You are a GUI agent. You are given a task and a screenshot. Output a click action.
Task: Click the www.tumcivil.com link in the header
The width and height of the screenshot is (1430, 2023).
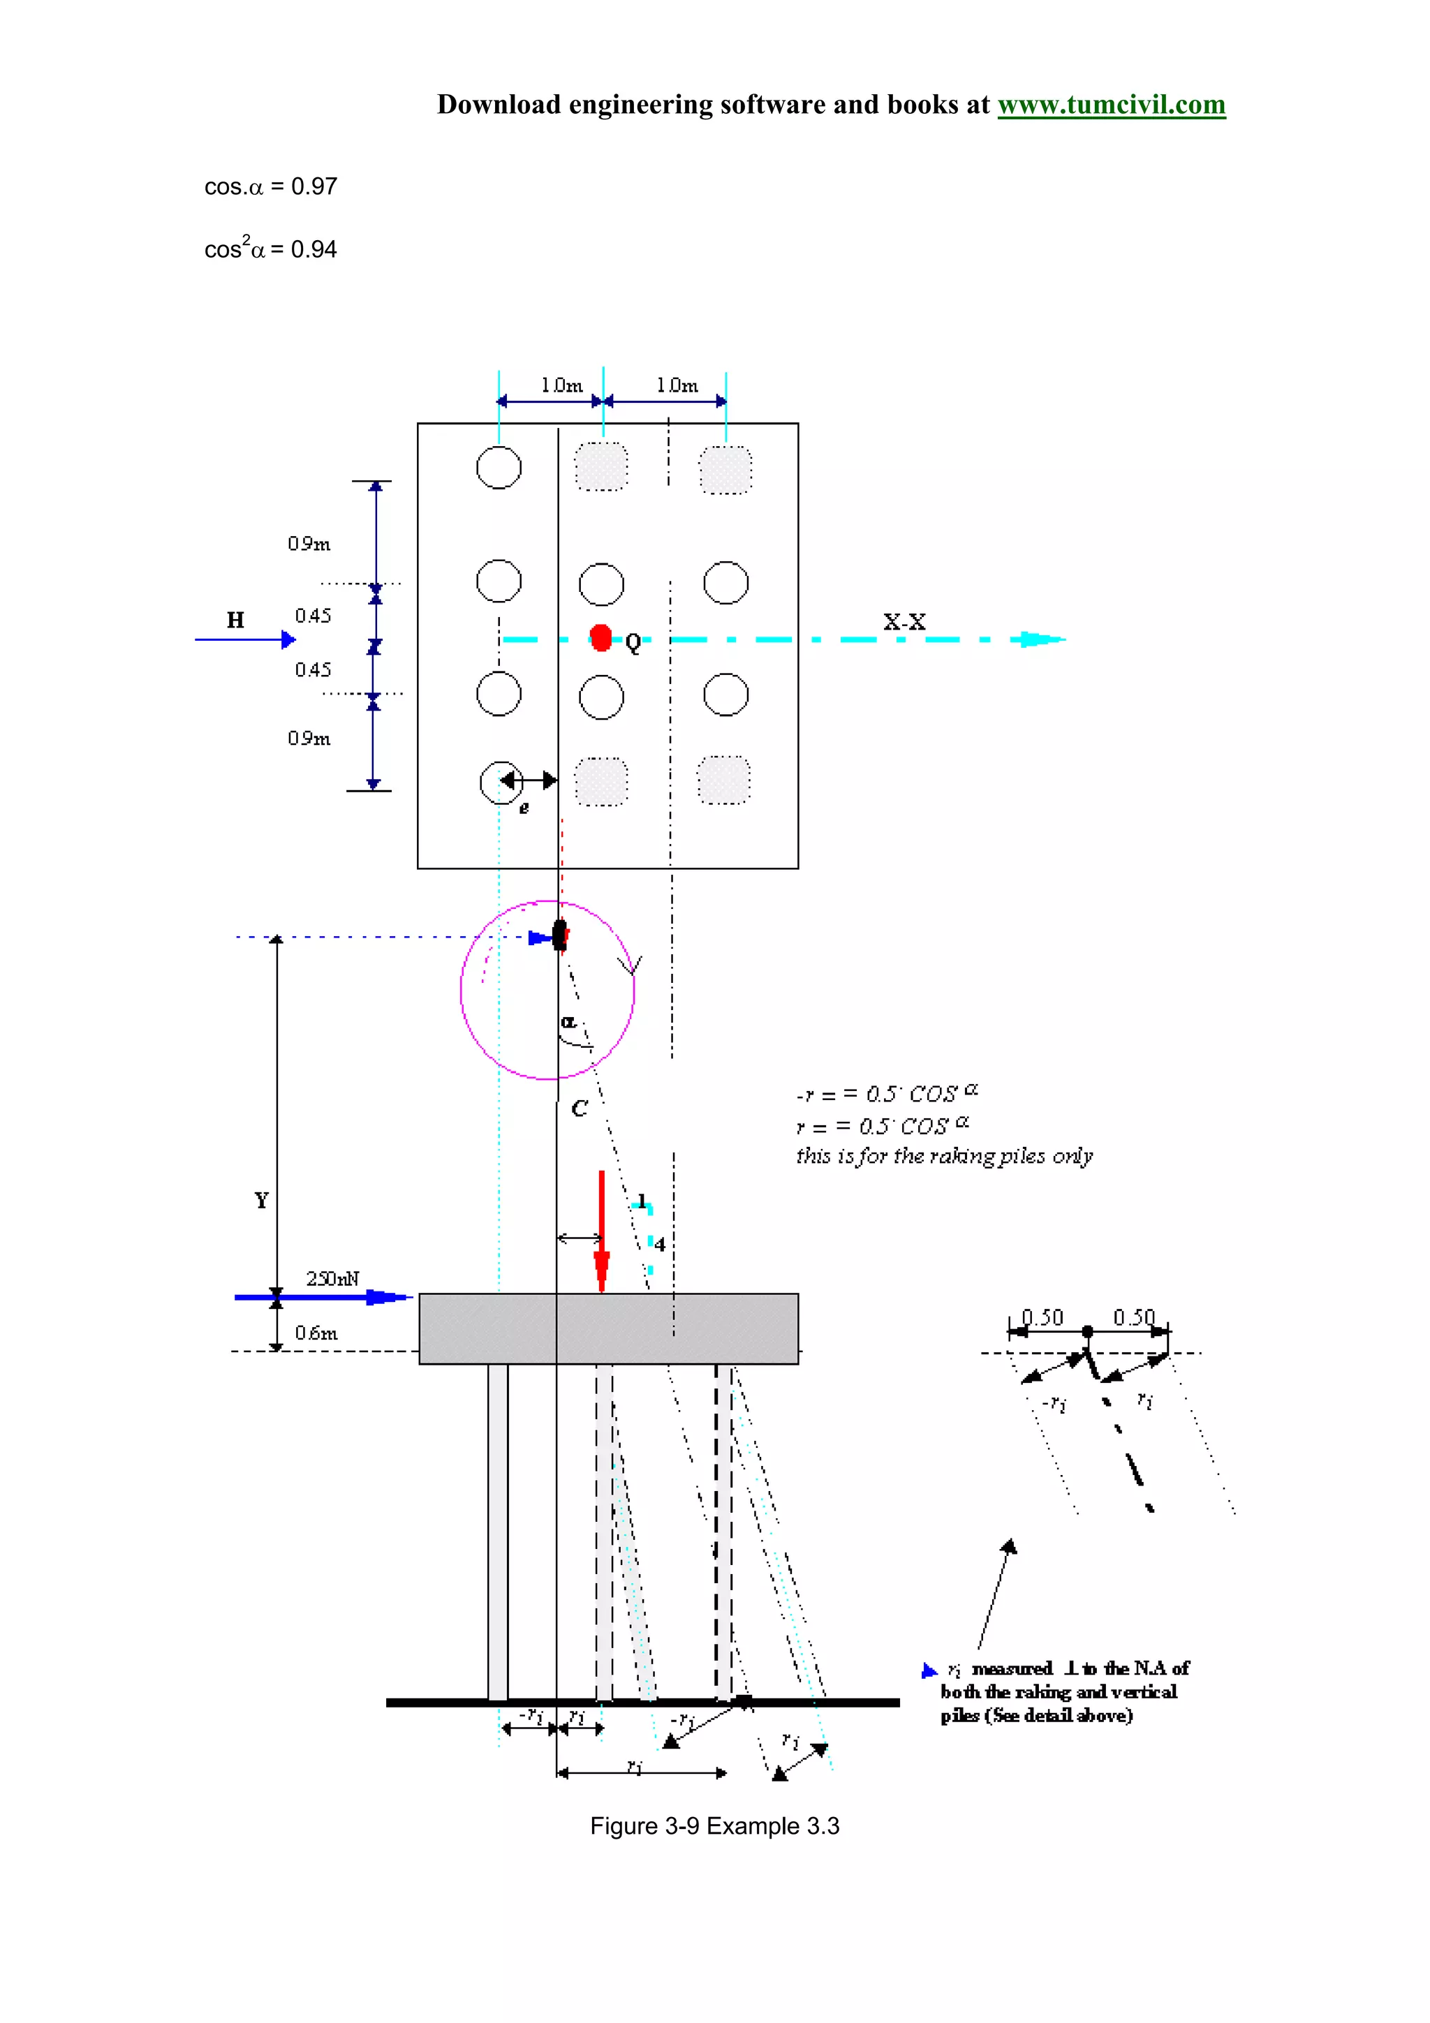tap(1110, 105)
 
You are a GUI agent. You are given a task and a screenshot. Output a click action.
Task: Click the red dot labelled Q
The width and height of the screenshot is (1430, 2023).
tap(601, 638)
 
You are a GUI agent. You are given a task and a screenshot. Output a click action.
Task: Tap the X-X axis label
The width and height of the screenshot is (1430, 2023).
tap(904, 622)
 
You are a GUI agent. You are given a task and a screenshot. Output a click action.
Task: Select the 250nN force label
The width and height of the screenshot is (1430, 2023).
tap(332, 1278)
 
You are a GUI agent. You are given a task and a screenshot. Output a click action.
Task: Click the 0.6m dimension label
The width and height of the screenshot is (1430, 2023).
tap(316, 1333)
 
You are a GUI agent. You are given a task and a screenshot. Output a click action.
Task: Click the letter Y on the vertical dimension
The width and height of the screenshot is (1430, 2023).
tap(261, 1200)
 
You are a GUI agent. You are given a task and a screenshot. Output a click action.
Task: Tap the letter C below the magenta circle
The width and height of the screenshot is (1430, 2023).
tap(579, 1109)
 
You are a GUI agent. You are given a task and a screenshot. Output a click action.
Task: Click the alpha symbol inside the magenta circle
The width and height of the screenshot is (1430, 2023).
tap(568, 1022)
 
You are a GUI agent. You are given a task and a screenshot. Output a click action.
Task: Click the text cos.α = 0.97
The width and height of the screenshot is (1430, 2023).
tap(270, 187)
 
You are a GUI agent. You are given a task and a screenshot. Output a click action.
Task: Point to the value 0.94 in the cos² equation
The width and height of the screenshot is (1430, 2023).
tap(314, 250)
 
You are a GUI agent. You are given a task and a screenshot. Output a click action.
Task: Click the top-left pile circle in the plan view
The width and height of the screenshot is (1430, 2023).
tap(499, 467)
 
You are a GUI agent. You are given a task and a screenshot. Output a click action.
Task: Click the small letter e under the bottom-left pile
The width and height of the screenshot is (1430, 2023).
tap(524, 808)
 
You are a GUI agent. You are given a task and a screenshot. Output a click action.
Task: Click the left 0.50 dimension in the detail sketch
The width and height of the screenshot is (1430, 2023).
tap(1042, 1317)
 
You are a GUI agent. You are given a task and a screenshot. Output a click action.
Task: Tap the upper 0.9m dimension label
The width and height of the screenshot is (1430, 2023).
tap(309, 544)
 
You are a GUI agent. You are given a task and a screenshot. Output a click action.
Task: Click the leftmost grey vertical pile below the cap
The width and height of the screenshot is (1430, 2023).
tap(498, 1532)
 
